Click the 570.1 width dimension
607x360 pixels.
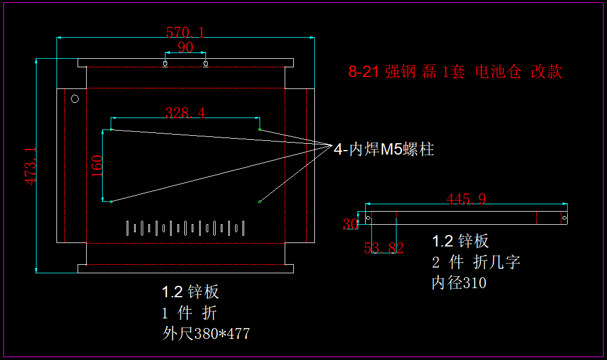(x=185, y=32)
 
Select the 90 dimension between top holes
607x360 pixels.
(x=185, y=47)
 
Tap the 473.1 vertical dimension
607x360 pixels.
(x=30, y=166)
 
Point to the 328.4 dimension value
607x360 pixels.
(x=185, y=113)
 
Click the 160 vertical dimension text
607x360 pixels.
(x=97, y=166)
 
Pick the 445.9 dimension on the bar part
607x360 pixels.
(x=466, y=199)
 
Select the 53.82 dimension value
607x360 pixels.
(x=383, y=248)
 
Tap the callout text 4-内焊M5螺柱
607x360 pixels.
(x=384, y=149)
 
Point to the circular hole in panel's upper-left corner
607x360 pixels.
(x=75, y=99)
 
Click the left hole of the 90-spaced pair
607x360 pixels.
(x=165, y=63)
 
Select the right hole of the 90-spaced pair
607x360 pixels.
(x=205, y=63)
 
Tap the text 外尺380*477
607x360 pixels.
(x=206, y=334)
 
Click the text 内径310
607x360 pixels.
(x=459, y=283)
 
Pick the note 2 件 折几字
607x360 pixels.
(x=476, y=262)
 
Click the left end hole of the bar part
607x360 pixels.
(x=368, y=217)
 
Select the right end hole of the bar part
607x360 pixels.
(x=564, y=217)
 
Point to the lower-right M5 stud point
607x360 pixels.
(x=260, y=201)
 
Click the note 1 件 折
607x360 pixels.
(x=189, y=313)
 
